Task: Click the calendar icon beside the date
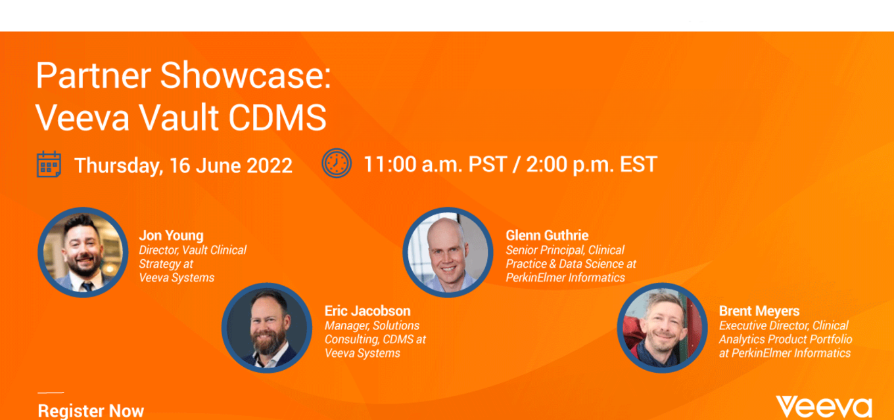click(49, 164)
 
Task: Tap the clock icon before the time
click(337, 163)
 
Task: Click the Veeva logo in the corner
click(824, 408)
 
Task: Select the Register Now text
click(91, 411)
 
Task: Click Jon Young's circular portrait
click(83, 252)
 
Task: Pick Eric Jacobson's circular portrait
click(267, 328)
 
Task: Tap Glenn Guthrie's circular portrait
click(448, 252)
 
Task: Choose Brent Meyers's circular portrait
click(663, 328)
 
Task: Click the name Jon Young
click(171, 236)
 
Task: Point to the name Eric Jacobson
click(367, 311)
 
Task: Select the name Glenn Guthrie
click(547, 235)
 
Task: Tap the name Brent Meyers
click(759, 311)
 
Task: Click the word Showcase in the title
click(245, 75)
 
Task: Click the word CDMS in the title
click(277, 117)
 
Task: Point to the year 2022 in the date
click(270, 165)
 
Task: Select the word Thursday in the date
click(118, 166)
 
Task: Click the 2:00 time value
click(546, 164)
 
